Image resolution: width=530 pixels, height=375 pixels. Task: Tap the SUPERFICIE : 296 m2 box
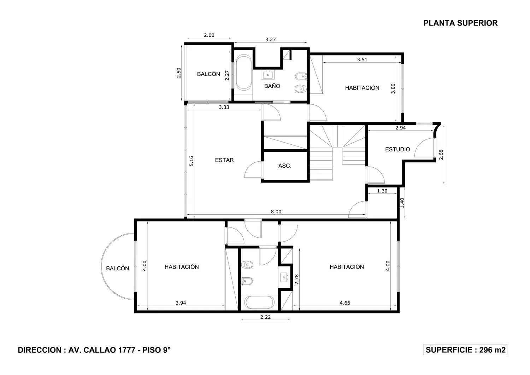465,350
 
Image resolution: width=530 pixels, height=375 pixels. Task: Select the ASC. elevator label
285,166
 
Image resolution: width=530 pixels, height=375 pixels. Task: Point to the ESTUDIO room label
397,149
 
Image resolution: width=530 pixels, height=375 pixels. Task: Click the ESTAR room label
224,160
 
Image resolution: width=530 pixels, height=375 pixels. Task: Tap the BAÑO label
272,86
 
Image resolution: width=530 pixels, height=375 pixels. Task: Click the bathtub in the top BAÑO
244,73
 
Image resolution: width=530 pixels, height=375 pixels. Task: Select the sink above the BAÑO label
268,75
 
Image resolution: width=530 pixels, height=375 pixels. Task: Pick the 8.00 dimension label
276,212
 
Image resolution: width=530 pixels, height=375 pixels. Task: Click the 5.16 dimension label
191,161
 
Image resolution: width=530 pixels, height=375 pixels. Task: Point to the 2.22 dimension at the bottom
265,317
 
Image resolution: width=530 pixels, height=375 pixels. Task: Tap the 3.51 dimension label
362,59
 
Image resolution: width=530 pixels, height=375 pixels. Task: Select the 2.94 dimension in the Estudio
401,128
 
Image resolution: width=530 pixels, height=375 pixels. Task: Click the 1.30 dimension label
382,191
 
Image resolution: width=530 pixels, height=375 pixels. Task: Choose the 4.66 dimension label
345,303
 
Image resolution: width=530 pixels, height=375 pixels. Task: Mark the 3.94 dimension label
181,303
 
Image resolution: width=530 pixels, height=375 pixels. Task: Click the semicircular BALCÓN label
117,269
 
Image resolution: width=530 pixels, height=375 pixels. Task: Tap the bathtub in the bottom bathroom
259,302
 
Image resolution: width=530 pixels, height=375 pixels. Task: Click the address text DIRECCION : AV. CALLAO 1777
76,350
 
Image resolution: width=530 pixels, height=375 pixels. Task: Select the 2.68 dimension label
441,155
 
